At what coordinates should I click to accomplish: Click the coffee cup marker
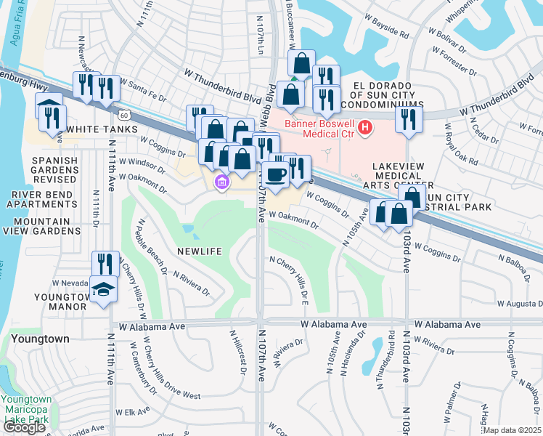(275, 174)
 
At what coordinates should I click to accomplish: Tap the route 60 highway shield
(125, 116)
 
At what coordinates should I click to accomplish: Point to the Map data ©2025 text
(512, 430)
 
